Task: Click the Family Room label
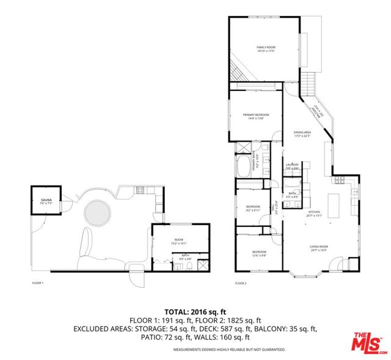pos(264,49)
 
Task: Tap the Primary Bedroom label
pos(255,117)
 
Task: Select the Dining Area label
pos(302,134)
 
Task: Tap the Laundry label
pos(291,166)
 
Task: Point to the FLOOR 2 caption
pos(241,283)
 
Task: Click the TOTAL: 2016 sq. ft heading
pos(194,311)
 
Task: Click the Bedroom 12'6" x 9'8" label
pos(260,253)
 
